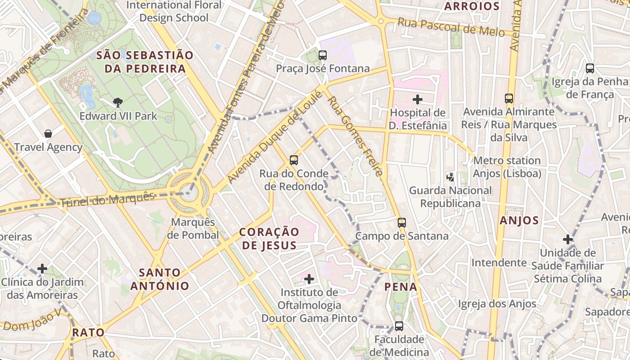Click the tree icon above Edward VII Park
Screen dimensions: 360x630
pos(118,103)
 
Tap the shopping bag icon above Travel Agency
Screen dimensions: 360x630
pos(48,134)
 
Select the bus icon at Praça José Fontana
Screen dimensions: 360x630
pos(323,55)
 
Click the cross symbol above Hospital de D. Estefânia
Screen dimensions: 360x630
pos(418,99)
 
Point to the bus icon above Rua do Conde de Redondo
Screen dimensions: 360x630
pos(294,160)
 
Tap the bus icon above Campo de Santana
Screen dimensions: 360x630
pos(402,222)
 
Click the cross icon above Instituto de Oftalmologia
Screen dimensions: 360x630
pos(309,279)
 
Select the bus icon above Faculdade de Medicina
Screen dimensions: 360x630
pos(399,326)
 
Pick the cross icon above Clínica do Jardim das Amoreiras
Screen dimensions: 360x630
pos(42,269)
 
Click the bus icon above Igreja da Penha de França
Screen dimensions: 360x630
pos(590,68)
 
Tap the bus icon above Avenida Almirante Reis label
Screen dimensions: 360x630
pos(509,98)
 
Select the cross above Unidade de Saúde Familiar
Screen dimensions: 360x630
pos(568,239)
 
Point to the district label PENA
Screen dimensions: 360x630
pos(401,287)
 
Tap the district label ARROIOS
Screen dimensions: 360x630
pos(472,6)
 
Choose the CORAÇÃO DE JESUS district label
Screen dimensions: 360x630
pos(269,238)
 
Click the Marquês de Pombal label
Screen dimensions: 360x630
pos(193,229)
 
